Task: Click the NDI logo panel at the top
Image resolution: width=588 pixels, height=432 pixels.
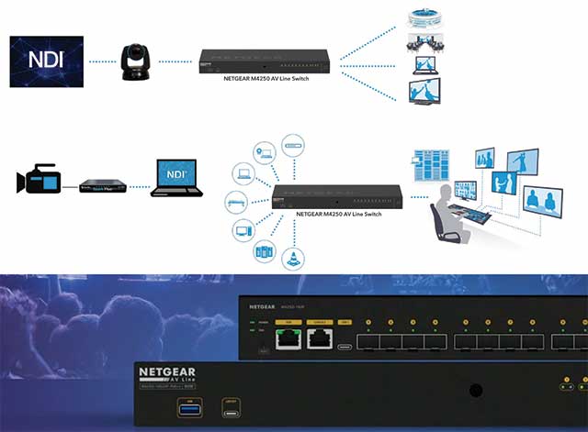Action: [46, 61]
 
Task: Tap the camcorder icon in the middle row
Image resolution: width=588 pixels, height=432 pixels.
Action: [38, 181]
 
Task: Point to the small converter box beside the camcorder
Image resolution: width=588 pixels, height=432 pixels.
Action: [100, 186]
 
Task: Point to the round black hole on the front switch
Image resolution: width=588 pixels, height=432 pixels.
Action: [475, 391]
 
